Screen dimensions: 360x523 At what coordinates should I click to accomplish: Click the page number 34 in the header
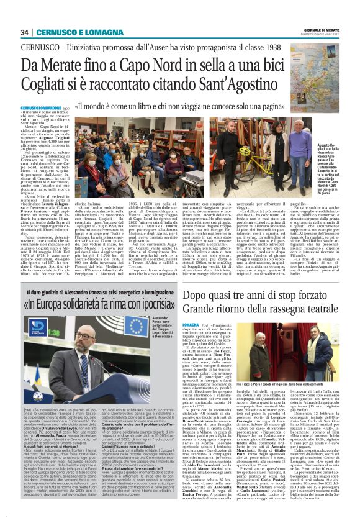(24, 32)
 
